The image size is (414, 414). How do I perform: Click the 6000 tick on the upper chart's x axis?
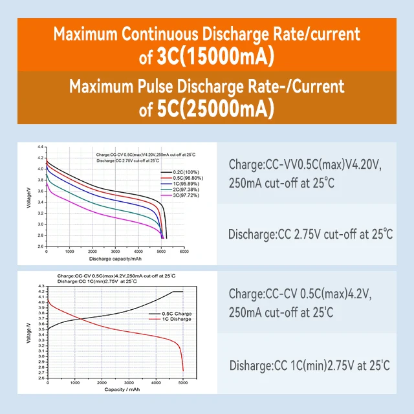pyautogui.click(x=185, y=252)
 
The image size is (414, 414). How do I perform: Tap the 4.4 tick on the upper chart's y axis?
pyautogui.click(x=40, y=147)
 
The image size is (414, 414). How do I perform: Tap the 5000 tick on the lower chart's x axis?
pyautogui.click(x=183, y=383)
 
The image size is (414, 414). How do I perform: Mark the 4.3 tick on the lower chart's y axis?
pyautogui.click(x=41, y=286)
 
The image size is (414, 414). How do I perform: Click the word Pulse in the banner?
pyautogui.click(x=190, y=86)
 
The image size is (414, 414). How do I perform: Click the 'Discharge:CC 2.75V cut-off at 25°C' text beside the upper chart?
pyautogui.click(x=310, y=234)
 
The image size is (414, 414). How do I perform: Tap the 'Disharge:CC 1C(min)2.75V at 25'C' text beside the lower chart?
pyautogui.click(x=309, y=366)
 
